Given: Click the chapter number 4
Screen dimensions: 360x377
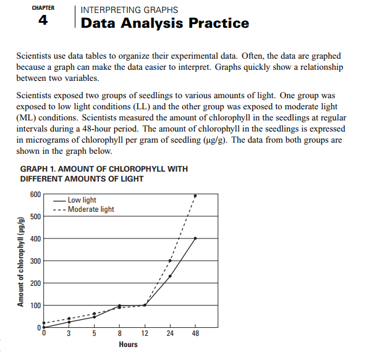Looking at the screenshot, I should point(43,21).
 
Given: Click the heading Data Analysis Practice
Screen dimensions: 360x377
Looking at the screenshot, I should point(165,23).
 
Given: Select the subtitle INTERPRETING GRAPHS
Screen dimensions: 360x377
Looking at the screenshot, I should point(130,10).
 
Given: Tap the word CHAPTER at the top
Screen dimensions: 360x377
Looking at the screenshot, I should point(43,9).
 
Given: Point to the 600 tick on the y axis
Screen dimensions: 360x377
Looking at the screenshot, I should point(35,194).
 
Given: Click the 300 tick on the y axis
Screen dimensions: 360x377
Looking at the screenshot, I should point(35,261).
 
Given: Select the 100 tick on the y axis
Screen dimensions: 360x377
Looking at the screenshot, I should point(35,306).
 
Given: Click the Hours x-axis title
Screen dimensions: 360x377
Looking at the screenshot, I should point(128,344).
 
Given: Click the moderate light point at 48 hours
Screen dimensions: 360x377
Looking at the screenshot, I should point(195,195).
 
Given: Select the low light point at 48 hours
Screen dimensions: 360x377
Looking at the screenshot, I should point(195,238).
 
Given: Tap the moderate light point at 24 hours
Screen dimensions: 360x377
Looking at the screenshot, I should point(170,261).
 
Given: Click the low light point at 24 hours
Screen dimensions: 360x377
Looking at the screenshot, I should point(170,276).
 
